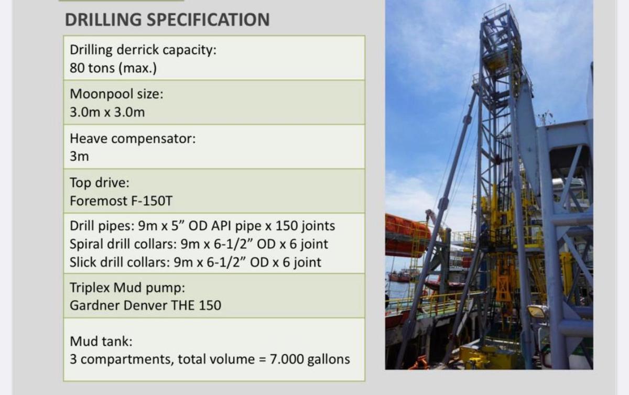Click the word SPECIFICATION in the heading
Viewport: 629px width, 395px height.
(x=208, y=20)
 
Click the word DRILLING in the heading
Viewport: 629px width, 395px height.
(x=103, y=20)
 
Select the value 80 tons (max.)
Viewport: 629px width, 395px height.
(x=113, y=68)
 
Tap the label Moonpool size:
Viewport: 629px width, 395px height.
(x=117, y=94)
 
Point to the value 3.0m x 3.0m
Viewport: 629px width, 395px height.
(x=107, y=112)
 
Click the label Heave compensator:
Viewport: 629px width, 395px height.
(x=133, y=139)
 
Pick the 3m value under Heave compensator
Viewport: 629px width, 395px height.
(x=79, y=157)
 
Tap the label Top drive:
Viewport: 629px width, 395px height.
(x=99, y=183)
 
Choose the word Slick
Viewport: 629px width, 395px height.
(x=83, y=262)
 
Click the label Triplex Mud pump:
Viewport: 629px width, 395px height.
(x=128, y=288)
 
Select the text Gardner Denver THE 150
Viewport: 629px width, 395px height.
(x=145, y=305)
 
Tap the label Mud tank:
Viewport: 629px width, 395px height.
(x=101, y=342)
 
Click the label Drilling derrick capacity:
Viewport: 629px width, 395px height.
(x=143, y=50)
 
